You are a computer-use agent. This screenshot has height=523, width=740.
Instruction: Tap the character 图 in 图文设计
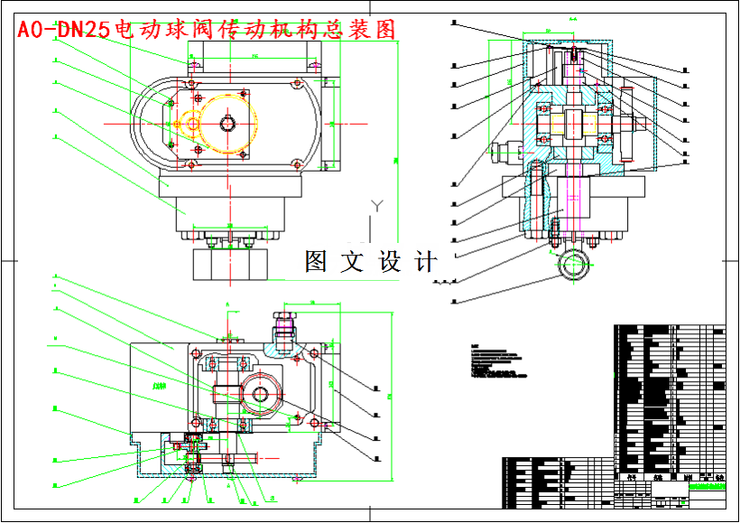tap(316, 262)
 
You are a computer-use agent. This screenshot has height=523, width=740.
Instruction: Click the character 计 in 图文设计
tap(425, 262)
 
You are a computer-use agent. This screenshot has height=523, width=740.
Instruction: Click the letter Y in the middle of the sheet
tap(378, 206)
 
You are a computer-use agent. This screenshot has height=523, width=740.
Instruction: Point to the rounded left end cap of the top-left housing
tap(149, 122)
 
